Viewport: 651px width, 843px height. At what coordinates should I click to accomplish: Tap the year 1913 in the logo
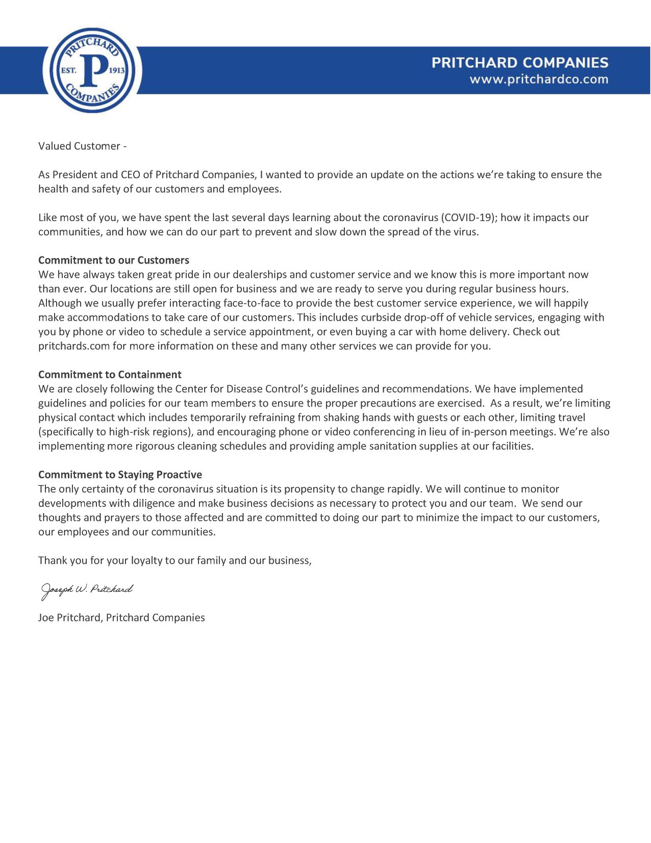tap(117, 70)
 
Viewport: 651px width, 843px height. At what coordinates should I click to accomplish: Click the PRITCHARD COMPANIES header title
tap(519, 63)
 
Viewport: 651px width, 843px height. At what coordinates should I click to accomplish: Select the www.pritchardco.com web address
tap(539, 80)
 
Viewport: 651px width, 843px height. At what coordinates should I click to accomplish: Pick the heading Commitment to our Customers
tap(114, 260)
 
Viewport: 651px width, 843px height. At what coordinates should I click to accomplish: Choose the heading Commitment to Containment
tap(110, 374)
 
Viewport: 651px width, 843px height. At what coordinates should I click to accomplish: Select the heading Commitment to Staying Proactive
tap(120, 474)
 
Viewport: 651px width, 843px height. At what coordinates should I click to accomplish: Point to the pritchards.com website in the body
tap(68, 346)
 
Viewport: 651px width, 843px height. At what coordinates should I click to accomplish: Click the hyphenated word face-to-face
tap(252, 303)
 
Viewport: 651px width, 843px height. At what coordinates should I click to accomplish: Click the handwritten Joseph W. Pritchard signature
tap(87, 590)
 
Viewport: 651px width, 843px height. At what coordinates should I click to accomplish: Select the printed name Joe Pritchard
tap(70, 618)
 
